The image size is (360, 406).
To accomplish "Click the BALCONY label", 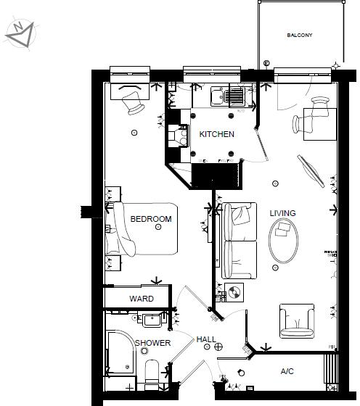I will (300, 36).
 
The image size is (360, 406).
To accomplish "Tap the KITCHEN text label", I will (217, 134).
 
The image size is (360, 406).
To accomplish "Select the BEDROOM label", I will (151, 219).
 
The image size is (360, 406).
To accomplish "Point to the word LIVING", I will (282, 213).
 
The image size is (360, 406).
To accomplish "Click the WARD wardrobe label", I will (141, 299).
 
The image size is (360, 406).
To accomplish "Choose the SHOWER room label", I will (152, 343).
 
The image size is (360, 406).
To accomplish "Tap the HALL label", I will (206, 339).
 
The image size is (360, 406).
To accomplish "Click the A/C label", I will (288, 371).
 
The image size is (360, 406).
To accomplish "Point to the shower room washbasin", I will (152, 319).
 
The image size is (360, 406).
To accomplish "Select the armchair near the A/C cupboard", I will (298, 320).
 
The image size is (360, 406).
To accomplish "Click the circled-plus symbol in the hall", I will (218, 347).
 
